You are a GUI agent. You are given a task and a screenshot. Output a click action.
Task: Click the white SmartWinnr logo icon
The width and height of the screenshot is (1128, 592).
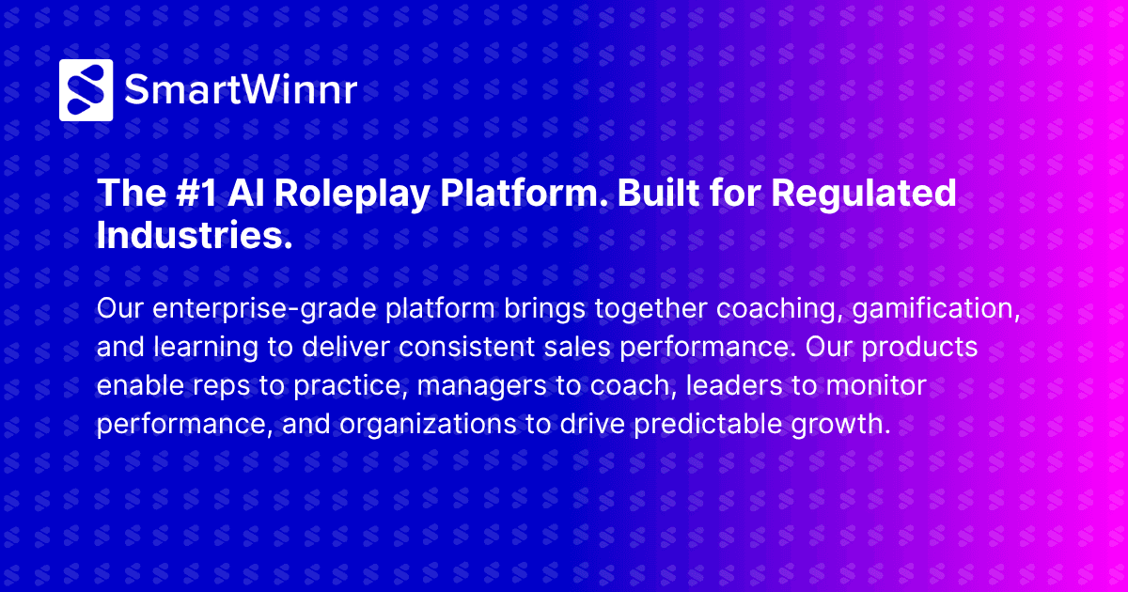pos(86,90)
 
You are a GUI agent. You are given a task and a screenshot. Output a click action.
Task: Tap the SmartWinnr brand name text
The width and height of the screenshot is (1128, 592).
pos(241,90)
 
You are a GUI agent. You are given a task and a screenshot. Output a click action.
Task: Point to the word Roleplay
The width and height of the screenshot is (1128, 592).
pos(333,195)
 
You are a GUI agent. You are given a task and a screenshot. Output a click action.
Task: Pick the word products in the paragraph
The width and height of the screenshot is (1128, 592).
pos(919,348)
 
